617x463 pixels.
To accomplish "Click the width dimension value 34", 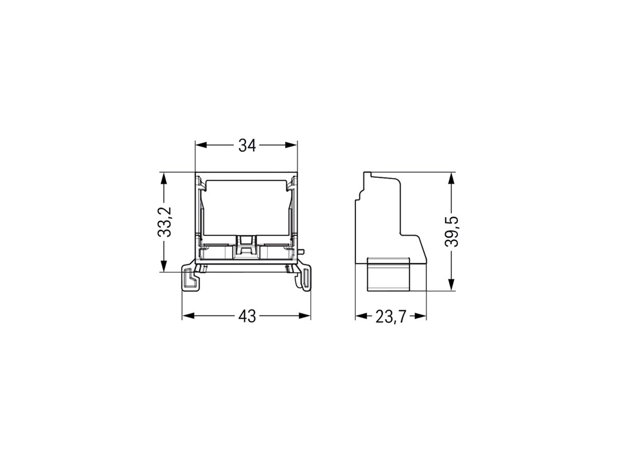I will point(247,146).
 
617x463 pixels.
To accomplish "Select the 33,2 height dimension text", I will point(164,222).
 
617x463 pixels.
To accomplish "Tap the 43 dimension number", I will point(247,316).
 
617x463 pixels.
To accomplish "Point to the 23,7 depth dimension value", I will point(391,317).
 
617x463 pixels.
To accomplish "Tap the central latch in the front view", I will point(247,245).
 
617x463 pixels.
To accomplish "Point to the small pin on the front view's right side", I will point(302,252).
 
